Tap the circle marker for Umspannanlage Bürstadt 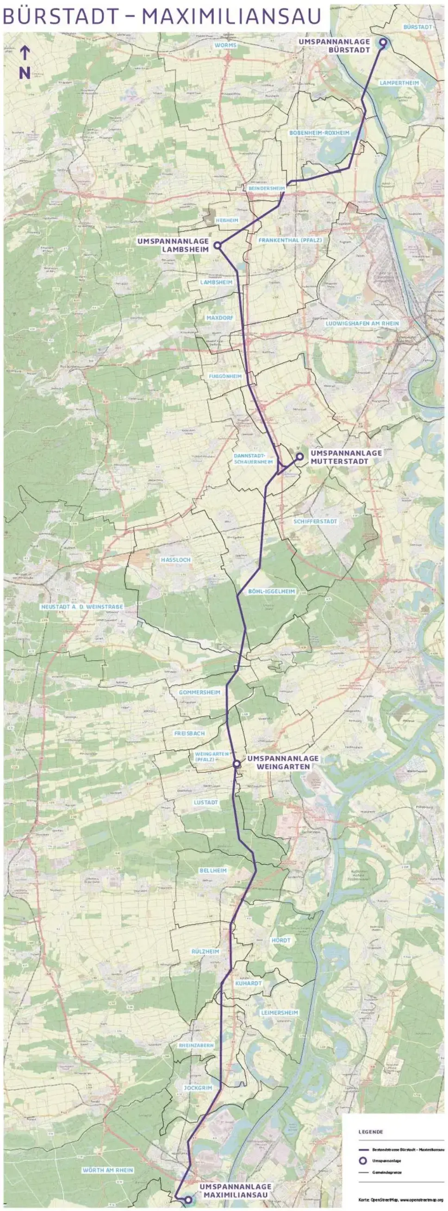pos(383,43)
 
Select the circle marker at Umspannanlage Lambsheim pos(218,245)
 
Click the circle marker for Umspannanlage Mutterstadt pos(299,456)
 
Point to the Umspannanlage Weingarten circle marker pos(237,764)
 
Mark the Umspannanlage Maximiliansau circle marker pos(188,1199)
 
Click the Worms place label pos(225,45)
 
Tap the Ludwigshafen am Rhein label pos(362,323)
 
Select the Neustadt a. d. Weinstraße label pos(82,607)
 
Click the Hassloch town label pos(175,560)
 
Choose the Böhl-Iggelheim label pos(265,591)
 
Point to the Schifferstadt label pos(315,521)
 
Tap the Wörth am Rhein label pos(107,1170)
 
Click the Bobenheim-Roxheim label pos(319,133)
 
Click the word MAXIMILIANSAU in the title pos(232,18)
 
